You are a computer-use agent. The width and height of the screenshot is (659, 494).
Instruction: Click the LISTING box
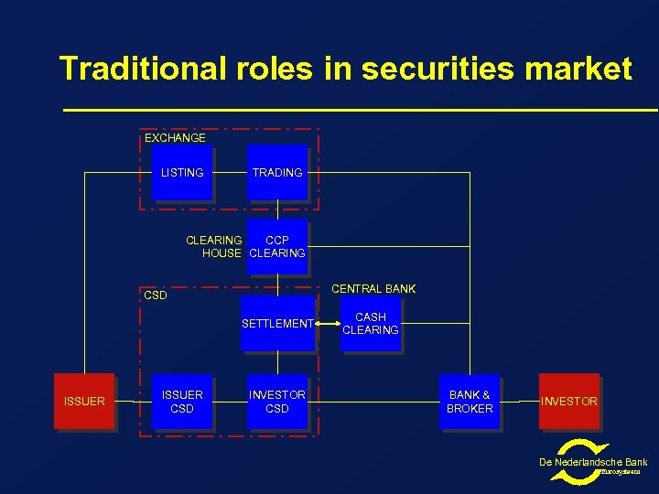point(182,173)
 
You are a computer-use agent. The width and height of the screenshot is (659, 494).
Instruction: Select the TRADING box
point(277,173)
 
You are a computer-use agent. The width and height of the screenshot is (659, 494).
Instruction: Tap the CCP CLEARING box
point(277,247)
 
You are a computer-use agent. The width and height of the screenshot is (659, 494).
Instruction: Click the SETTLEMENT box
point(277,324)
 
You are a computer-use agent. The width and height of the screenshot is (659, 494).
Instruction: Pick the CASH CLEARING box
point(371,324)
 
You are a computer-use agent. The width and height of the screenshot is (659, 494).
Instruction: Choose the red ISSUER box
point(84,402)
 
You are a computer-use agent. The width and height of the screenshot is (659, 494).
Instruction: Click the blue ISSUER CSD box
point(182,402)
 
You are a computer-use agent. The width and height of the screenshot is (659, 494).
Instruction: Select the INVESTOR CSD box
point(277,402)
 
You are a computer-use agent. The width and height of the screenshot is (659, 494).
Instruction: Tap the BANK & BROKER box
point(470,402)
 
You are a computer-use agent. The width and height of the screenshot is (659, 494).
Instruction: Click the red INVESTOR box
point(569,402)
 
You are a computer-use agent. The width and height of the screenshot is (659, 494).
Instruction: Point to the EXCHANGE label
point(175,138)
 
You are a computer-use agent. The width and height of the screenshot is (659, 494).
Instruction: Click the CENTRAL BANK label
point(373,289)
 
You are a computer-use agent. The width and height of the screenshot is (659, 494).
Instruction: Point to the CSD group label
point(156,295)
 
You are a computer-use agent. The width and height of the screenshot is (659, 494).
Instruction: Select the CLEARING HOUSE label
point(214,247)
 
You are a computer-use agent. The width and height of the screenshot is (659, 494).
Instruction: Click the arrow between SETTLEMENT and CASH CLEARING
point(326,323)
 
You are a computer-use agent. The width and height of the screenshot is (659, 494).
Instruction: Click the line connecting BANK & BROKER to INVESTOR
point(521,402)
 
